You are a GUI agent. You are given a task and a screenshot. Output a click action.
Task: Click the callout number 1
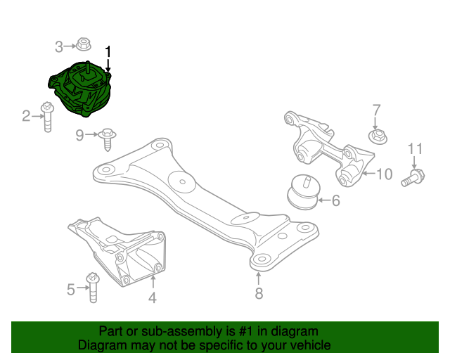[108, 52]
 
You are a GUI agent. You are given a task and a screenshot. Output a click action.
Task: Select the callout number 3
[60, 46]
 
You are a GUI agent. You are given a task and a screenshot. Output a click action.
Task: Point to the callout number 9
[79, 134]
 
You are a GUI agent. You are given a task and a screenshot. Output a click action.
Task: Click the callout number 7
[376, 110]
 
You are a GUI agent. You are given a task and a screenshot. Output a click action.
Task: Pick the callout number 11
[416, 148]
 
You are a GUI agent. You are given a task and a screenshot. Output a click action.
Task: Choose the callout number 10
[384, 174]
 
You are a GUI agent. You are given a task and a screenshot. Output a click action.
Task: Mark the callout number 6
[335, 201]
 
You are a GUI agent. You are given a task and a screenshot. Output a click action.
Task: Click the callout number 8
[259, 294]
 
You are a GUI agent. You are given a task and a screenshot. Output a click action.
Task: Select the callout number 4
[152, 297]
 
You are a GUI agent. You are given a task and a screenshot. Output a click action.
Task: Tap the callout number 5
[70, 288]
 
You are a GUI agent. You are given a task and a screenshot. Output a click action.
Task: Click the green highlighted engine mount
[80, 89]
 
